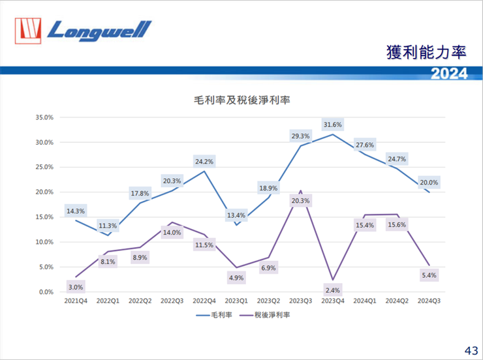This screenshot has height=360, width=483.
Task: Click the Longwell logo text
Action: (99, 29)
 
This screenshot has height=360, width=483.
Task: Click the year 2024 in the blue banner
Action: (449, 74)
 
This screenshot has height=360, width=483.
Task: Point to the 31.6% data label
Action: (332, 124)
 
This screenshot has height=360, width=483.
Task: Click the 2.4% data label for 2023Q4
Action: (332, 290)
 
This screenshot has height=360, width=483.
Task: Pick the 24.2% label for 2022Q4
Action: (204, 161)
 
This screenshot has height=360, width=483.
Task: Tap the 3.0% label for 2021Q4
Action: (75, 287)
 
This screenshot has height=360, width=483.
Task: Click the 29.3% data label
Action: (300, 136)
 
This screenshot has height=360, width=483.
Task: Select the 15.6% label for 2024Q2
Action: (397, 225)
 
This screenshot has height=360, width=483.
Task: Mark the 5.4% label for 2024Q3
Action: (429, 275)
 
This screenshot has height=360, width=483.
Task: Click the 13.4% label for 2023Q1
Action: (236, 215)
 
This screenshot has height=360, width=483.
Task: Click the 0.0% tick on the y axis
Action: (44, 292)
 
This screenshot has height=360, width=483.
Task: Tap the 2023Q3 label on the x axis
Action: (300, 301)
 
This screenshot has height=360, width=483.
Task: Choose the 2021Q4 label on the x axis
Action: (75, 301)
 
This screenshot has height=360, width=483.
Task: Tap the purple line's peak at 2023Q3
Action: (300, 191)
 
